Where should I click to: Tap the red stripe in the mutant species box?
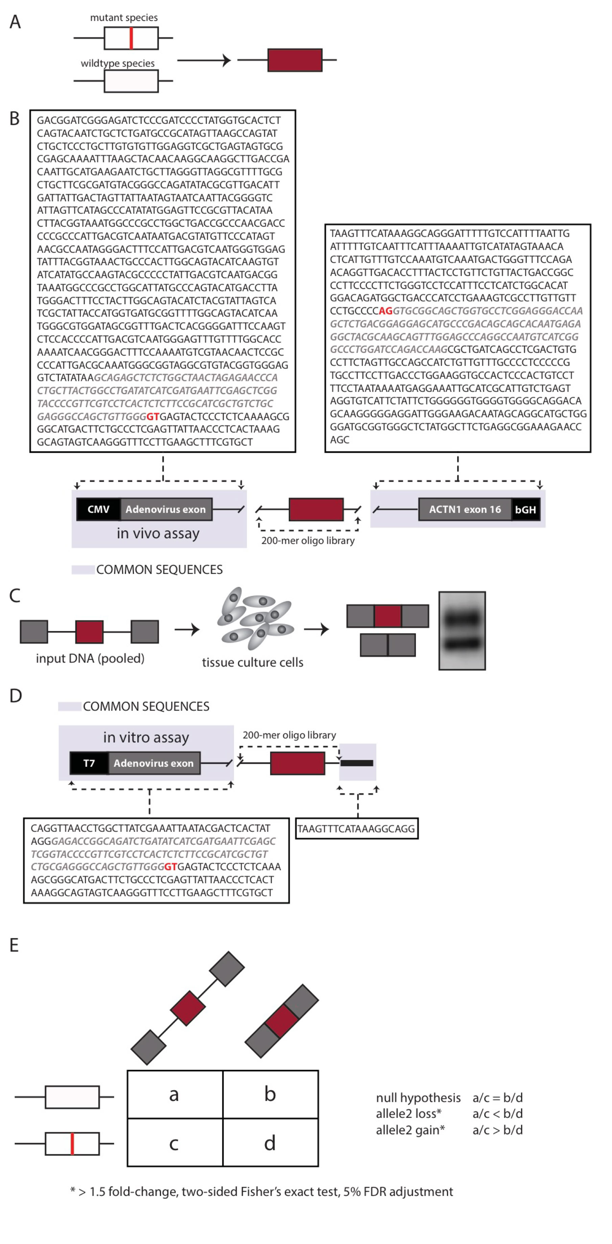(x=131, y=38)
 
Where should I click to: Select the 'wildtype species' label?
(x=117, y=63)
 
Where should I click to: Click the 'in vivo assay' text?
(x=158, y=533)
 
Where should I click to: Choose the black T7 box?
(x=89, y=763)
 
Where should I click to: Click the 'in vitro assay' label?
(x=146, y=737)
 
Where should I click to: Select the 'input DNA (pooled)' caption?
(x=90, y=658)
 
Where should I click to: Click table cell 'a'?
(x=174, y=1094)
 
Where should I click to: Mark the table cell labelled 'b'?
(x=270, y=1094)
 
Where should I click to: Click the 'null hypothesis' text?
(x=418, y=1098)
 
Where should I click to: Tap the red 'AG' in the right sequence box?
(x=386, y=311)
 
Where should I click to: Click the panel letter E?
(x=15, y=945)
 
